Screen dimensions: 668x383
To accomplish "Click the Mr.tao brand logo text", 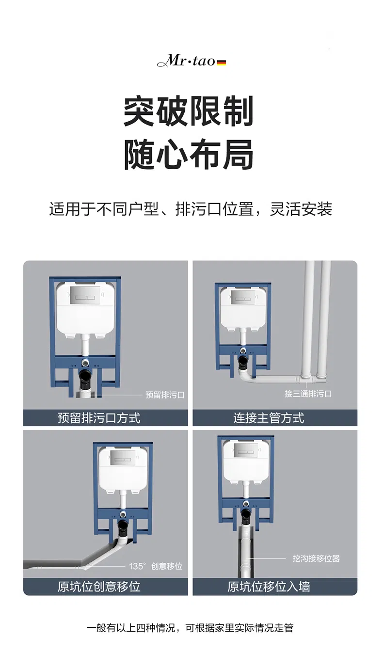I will [x=186, y=62].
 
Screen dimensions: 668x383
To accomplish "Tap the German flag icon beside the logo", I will [x=222, y=63].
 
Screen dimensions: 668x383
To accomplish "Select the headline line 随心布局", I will [x=189, y=154].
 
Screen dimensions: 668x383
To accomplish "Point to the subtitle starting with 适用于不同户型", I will [x=191, y=209].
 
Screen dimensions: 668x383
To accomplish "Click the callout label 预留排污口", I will [x=165, y=395].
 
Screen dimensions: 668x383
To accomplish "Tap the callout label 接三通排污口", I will [x=308, y=394].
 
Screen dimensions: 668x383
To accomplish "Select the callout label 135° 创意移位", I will [x=155, y=566].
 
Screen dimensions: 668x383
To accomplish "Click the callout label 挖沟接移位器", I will [x=316, y=558].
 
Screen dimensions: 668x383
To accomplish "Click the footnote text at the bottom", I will [x=190, y=628].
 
